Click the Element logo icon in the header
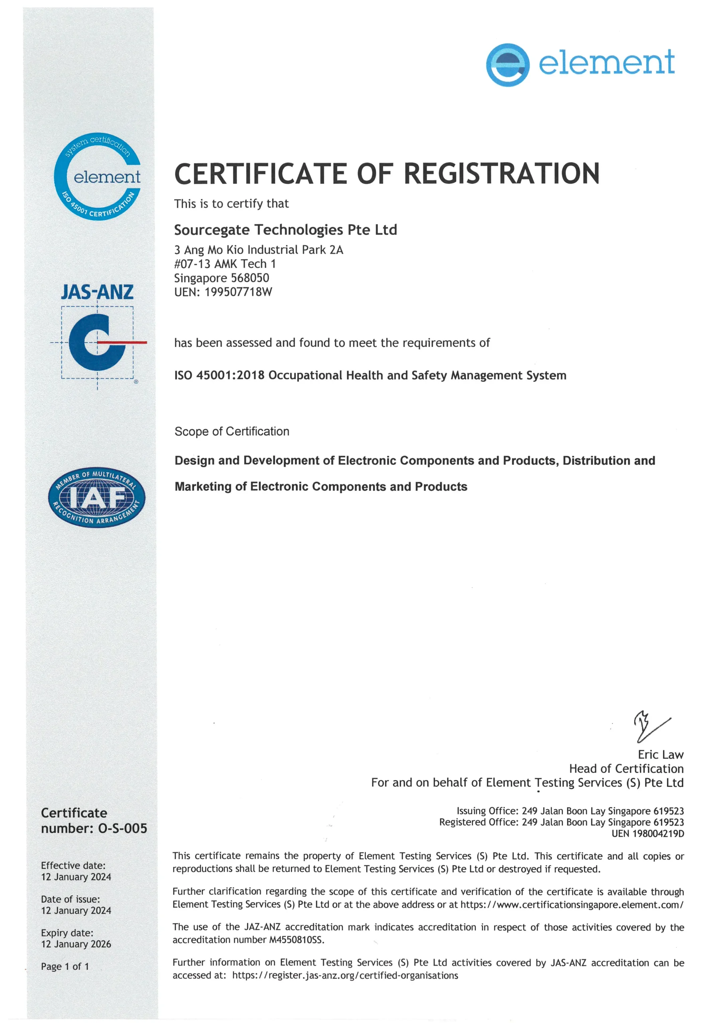(x=507, y=65)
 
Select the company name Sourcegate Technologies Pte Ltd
(x=285, y=230)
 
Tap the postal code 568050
(x=250, y=278)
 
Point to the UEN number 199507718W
(x=238, y=292)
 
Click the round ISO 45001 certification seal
(x=97, y=177)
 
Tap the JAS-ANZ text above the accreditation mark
(x=97, y=292)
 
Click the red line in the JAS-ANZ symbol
(x=122, y=342)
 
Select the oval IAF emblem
(x=97, y=497)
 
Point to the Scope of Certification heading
(x=232, y=431)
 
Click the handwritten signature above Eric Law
(x=651, y=726)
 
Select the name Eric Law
(x=660, y=755)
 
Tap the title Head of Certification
(x=626, y=768)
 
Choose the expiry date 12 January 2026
(x=76, y=944)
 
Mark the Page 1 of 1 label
(x=65, y=966)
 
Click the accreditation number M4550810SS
(x=296, y=939)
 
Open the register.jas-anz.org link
(x=345, y=975)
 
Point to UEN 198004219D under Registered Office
(x=647, y=834)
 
